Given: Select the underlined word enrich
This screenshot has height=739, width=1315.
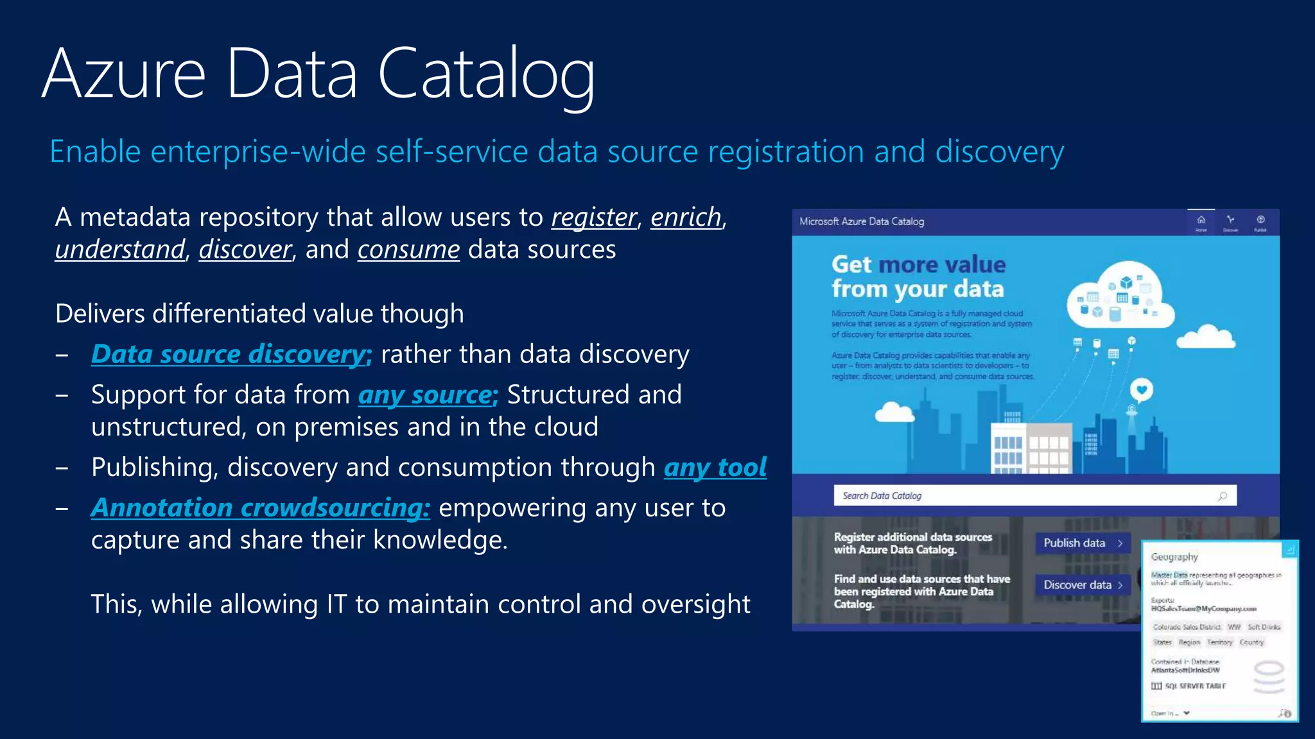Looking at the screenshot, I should pyautogui.click(x=686, y=217).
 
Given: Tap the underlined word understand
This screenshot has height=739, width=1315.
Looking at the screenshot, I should pyautogui.click(x=120, y=250).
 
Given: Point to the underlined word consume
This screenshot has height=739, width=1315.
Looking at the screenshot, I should pyautogui.click(x=408, y=250).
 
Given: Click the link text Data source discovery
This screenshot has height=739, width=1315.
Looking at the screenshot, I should pyautogui.click(x=231, y=354).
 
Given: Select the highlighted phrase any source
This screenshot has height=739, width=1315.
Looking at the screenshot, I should pyautogui.click(x=427, y=395).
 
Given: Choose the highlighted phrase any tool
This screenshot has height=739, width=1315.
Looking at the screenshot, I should pyautogui.click(x=715, y=467).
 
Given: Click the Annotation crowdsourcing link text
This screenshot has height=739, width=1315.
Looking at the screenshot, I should pyautogui.click(x=260, y=507).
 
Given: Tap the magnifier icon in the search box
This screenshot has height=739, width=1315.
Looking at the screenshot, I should pyautogui.click(x=1222, y=496).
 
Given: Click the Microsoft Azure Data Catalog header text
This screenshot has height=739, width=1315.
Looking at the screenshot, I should pyautogui.click(x=862, y=221).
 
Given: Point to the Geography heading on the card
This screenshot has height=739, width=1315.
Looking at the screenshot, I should pyautogui.click(x=1174, y=557).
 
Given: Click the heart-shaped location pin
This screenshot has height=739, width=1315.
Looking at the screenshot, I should pyautogui.click(x=1141, y=389).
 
